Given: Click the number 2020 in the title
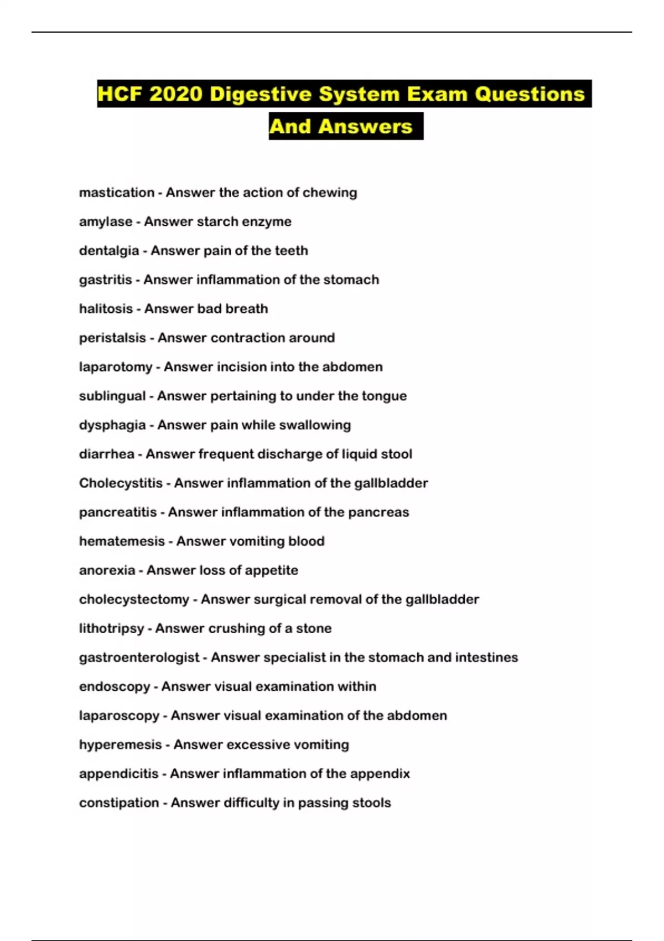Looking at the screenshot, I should (175, 94).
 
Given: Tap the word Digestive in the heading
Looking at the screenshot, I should (261, 94).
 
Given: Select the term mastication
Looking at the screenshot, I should (117, 193).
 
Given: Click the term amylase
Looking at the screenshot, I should (106, 221).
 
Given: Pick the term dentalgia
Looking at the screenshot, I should (109, 251).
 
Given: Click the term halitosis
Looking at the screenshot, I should (106, 309).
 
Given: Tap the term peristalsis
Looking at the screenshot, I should (112, 338).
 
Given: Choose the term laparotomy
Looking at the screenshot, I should (116, 367).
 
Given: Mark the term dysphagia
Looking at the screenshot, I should (112, 425).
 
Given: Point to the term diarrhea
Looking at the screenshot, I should (107, 454).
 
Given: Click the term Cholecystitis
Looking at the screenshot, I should (121, 483).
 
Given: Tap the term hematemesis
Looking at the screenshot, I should (122, 541).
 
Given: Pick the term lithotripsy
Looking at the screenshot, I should (112, 629).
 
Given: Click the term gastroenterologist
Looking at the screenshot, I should (139, 658).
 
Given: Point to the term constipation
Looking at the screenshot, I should (119, 803).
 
